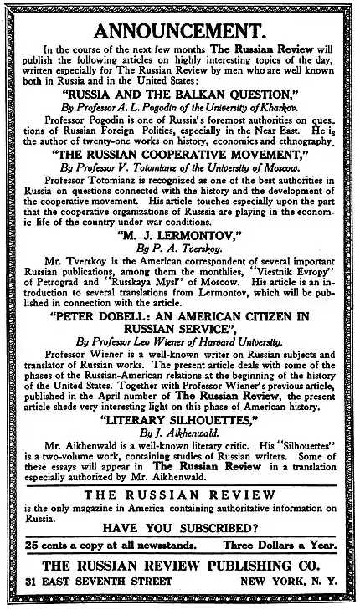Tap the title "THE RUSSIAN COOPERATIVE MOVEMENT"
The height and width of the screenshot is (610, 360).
click(180, 155)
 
